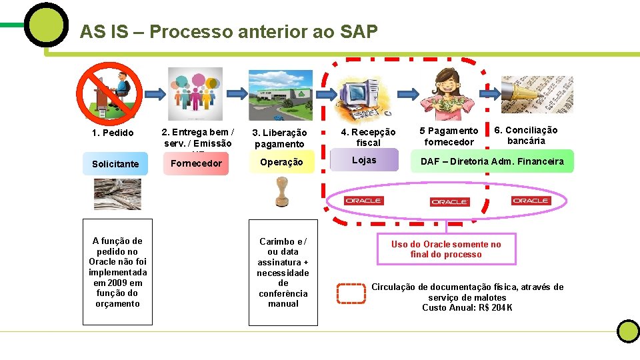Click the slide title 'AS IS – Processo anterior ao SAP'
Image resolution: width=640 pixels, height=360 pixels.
(x=229, y=31)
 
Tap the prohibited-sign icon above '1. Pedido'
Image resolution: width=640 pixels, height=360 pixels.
(x=107, y=93)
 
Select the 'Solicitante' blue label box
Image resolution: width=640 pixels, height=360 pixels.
(x=115, y=164)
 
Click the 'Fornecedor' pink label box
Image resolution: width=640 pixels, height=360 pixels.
(x=196, y=163)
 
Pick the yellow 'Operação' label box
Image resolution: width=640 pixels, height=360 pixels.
(x=281, y=162)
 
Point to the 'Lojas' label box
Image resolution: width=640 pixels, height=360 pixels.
(x=364, y=161)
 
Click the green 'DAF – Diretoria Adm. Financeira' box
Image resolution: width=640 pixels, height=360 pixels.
(x=491, y=161)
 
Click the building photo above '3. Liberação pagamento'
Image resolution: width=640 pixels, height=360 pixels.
(x=280, y=95)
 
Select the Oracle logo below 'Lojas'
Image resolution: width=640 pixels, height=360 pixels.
(x=363, y=201)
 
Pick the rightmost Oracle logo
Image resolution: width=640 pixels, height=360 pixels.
(x=531, y=201)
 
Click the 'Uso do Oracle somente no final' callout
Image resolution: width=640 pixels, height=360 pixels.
(x=446, y=249)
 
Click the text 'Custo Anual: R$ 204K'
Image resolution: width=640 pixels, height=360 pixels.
(x=467, y=307)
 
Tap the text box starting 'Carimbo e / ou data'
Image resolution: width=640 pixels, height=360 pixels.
(x=283, y=272)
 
